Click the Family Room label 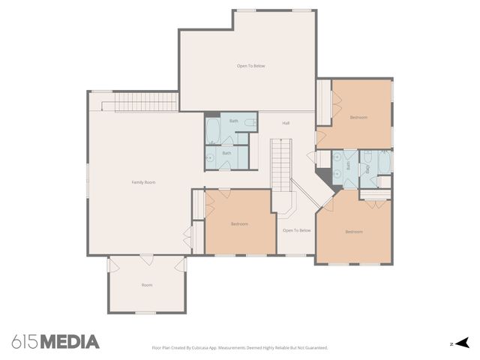click(x=143, y=182)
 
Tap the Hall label click(x=286, y=123)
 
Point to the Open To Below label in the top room click(x=250, y=66)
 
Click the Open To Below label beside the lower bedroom click(x=296, y=230)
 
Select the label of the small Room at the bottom click(x=147, y=285)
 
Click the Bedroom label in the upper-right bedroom click(x=358, y=118)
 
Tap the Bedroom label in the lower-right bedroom click(x=354, y=232)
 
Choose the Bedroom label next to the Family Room click(x=239, y=223)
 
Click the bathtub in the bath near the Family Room click(x=213, y=129)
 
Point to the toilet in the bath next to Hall click(x=251, y=122)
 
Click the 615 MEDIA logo click(x=55, y=342)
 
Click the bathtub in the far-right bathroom click(x=384, y=163)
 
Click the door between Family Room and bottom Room click(x=147, y=259)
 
